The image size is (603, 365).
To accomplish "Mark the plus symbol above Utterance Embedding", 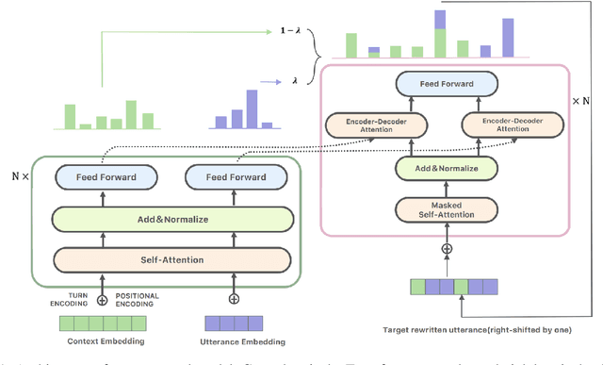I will [233, 298].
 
